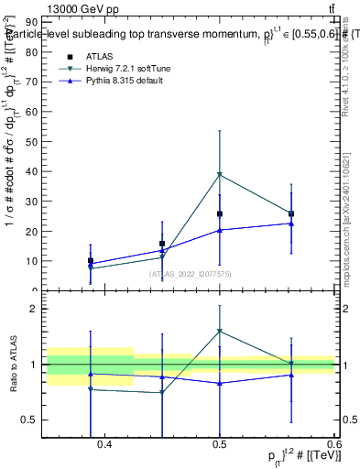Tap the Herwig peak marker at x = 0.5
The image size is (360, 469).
220,174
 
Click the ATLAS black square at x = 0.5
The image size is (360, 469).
220,213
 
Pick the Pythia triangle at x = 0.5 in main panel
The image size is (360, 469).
220,230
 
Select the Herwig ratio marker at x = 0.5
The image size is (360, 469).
220,331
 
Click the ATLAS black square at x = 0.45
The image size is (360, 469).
162,244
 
